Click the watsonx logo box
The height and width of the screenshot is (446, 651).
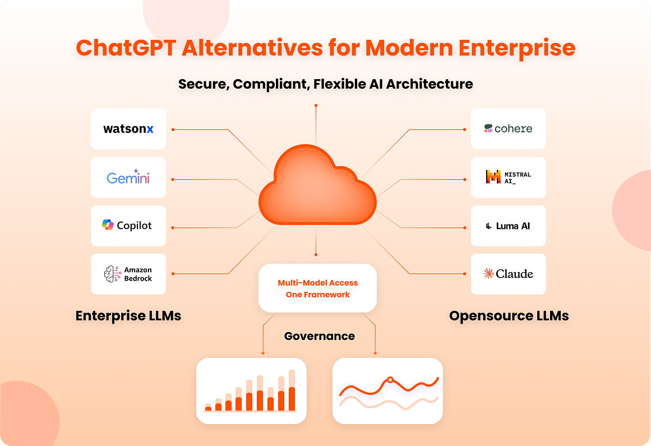(x=128, y=128)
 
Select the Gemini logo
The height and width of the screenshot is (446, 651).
(x=128, y=177)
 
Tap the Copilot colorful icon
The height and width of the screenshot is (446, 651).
(x=108, y=224)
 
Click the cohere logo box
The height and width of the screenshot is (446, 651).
(x=508, y=128)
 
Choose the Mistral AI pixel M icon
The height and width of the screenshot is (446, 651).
(x=493, y=177)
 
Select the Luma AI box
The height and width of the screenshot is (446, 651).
(x=508, y=226)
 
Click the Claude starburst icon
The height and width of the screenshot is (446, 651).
(x=488, y=273)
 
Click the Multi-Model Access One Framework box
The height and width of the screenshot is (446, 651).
(x=317, y=288)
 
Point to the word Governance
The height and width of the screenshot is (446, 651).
(x=319, y=336)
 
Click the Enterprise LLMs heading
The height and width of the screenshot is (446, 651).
(x=128, y=316)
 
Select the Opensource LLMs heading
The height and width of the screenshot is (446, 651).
(x=509, y=316)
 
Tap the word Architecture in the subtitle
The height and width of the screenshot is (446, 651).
(x=430, y=84)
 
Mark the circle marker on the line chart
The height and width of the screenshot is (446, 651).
(x=390, y=379)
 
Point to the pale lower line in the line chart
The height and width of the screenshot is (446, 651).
(x=389, y=403)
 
